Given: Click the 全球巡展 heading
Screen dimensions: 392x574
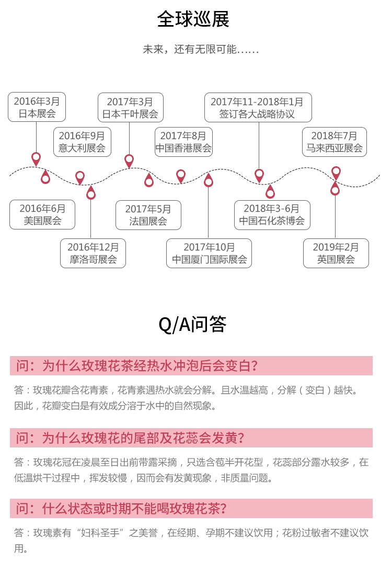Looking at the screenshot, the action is point(193,19).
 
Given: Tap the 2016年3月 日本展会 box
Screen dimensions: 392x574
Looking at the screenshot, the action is point(37,107).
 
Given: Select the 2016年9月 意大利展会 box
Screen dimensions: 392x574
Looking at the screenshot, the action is point(82,142).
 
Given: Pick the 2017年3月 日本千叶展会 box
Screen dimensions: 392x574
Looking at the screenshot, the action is point(130,107).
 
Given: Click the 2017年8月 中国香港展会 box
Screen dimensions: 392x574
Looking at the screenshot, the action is point(183,142).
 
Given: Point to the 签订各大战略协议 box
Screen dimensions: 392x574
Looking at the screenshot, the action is point(258,107).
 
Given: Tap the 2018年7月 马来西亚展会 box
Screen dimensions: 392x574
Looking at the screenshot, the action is point(334,142).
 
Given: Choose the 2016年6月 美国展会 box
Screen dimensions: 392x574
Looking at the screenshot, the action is point(42,214).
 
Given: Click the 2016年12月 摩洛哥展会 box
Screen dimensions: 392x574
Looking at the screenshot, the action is point(93,254).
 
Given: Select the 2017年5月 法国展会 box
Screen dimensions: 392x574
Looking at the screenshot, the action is point(148,215).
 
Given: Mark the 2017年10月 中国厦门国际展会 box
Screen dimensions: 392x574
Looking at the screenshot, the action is point(209,254).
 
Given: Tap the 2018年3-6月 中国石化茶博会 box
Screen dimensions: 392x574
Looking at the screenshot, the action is point(272,215).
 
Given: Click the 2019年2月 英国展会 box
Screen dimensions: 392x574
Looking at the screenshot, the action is point(336,254).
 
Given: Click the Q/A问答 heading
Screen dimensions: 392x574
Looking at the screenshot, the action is point(192,324).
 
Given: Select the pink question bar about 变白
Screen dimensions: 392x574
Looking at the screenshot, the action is point(191,366).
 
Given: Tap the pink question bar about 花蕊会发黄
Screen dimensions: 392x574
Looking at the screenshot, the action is point(191,438).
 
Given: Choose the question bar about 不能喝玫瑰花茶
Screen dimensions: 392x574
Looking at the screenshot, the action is point(191,509).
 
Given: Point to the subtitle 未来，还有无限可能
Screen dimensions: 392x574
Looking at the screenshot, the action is point(201,49).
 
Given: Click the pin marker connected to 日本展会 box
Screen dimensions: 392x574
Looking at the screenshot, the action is point(36,159).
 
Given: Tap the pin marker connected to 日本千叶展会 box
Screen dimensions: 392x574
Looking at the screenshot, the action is point(129,161).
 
